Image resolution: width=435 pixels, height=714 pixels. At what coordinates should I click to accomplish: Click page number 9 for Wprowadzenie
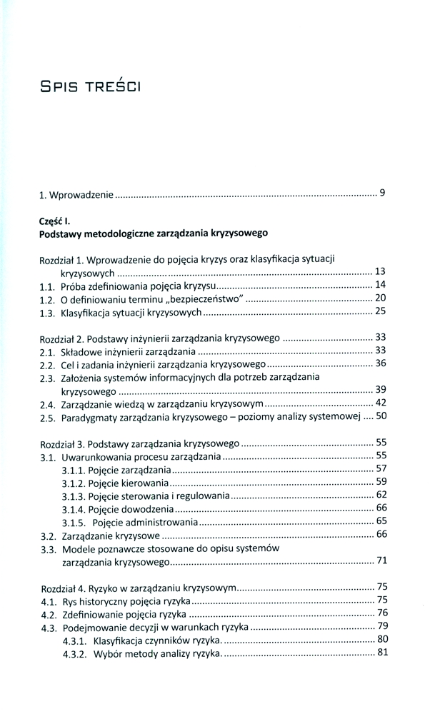pyautogui.click(x=383, y=193)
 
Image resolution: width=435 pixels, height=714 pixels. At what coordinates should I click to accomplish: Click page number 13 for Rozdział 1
pyautogui.click(x=380, y=271)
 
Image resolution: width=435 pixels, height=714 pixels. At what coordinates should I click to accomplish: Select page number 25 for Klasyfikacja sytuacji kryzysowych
pyautogui.click(x=380, y=312)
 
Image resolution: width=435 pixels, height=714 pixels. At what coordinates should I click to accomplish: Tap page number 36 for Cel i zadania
pyautogui.click(x=380, y=363)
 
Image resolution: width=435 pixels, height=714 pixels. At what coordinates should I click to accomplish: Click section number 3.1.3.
pyautogui.click(x=74, y=496)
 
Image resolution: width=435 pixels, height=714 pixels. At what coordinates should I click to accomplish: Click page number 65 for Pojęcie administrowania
pyautogui.click(x=381, y=521)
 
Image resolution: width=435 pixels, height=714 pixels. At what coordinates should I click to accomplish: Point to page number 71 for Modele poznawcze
pyautogui.click(x=381, y=560)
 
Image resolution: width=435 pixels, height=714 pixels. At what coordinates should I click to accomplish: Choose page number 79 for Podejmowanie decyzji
pyautogui.click(x=381, y=626)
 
